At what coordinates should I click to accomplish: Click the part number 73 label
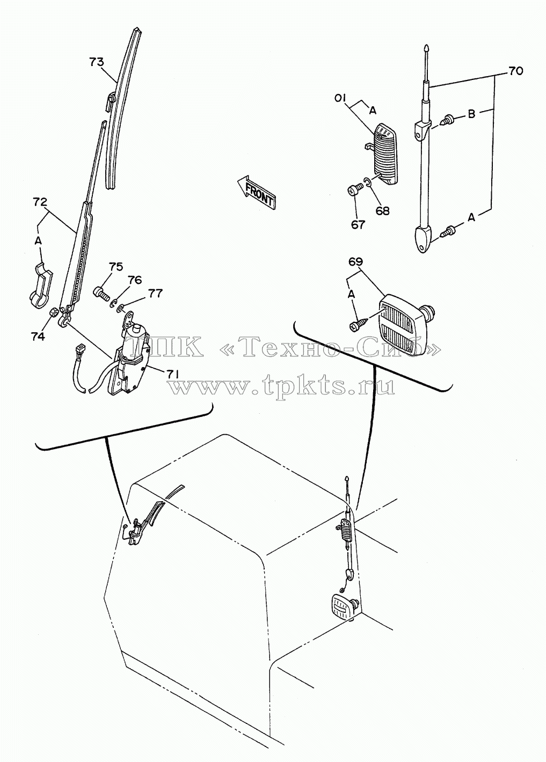pos(97,62)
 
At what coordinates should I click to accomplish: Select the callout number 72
pos(40,202)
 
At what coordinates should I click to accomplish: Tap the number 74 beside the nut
pos(38,336)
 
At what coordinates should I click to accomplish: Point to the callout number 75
pos(116,266)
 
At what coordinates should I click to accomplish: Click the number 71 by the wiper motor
pos(173,373)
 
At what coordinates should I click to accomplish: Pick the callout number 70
pos(516,71)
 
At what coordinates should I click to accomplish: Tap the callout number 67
pos(358,224)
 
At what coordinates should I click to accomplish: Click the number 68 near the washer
pos(382,211)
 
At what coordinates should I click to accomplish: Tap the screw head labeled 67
pos(352,191)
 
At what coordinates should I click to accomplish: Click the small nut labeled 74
pos(53,311)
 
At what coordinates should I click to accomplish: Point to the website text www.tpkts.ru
pos(281,387)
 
